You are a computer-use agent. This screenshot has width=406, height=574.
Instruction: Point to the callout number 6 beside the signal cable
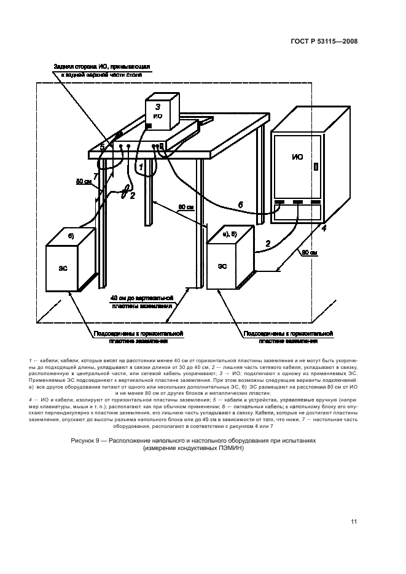point(240,205)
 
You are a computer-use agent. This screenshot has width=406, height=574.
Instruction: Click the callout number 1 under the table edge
point(141,166)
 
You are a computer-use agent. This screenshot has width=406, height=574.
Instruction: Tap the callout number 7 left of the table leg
point(96,177)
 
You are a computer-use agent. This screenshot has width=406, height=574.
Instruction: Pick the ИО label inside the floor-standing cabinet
point(297,157)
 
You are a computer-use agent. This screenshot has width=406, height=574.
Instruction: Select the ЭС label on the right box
point(222,266)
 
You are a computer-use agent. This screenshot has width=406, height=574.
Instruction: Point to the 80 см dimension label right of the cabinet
point(310,252)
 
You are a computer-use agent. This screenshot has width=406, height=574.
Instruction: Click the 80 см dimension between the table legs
point(184,209)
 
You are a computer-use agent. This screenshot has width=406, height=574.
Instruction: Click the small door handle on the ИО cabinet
point(316,166)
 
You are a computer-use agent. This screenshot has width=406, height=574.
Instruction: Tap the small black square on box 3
point(149,126)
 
